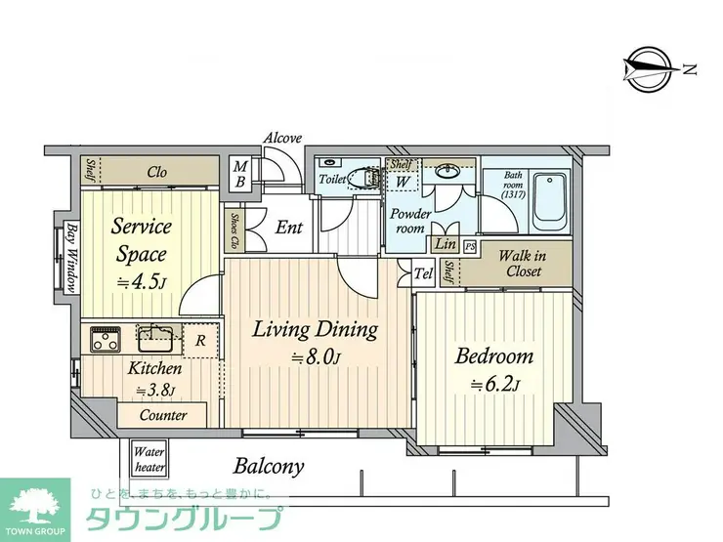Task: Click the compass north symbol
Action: [x=651, y=70]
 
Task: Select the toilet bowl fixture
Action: [x=362, y=177]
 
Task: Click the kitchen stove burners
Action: [x=106, y=339]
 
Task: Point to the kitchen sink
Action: [x=155, y=339]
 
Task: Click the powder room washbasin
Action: [x=447, y=172]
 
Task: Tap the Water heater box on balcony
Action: [x=149, y=460]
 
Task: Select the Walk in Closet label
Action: [x=523, y=263]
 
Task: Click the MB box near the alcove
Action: [x=240, y=174]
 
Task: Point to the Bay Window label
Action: [x=70, y=258]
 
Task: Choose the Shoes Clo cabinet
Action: [x=234, y=230]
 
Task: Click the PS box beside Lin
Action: [x=470, y=246]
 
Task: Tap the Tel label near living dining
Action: [x=423, y=274]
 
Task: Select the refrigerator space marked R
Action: [x=200, y=341]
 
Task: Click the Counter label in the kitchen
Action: [x=163, y=415]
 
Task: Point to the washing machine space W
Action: [x=403, y=181]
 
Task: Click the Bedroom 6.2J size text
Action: [x=494, y=385]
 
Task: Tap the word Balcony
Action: [x=269, y=467]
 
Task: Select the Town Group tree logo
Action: [x=34, y=505]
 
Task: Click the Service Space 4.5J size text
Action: [x=140, y=282]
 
